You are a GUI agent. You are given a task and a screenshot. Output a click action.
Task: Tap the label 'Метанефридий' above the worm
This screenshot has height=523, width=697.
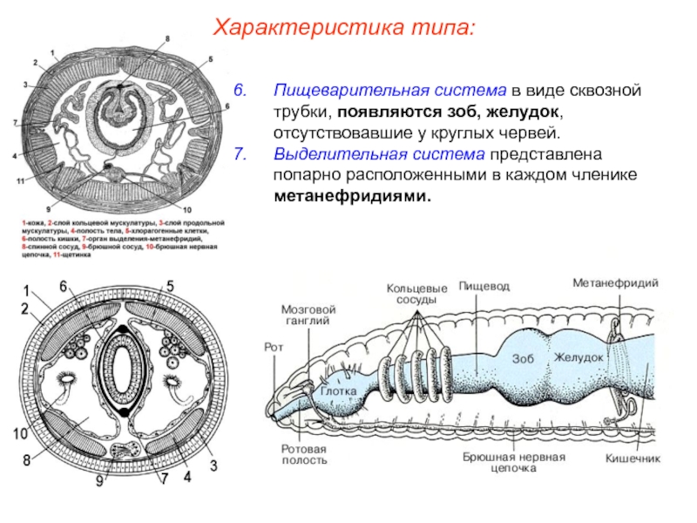coord(614,283)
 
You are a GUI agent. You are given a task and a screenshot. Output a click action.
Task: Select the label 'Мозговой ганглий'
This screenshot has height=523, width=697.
coord(308,315)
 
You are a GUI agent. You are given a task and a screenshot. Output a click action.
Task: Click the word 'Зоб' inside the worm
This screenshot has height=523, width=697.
coord(521,358)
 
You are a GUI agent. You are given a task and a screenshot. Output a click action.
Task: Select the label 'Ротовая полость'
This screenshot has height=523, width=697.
coord(303,454)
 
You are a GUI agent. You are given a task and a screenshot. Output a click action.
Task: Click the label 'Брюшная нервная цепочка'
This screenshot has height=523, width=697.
coord(514,462)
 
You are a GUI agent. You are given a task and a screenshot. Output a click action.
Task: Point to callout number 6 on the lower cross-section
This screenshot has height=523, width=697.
coord(64,287)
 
